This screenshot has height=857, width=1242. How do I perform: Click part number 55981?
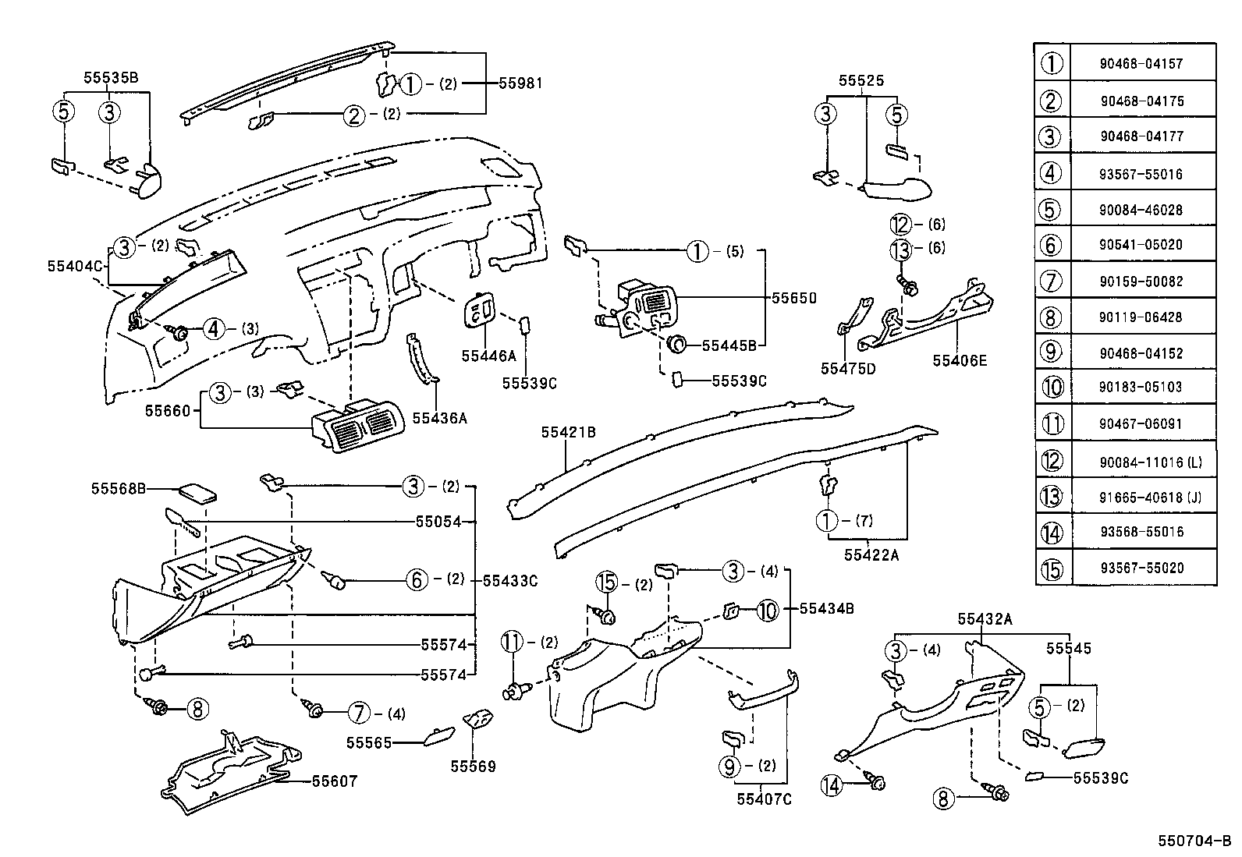521,83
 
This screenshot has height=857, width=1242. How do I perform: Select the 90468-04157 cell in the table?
1141,64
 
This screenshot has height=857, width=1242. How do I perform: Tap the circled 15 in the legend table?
1052,568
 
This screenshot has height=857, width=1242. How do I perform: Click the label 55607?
334,781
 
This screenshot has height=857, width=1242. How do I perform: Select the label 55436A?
438,418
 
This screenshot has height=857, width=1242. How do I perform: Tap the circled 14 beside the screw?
832,785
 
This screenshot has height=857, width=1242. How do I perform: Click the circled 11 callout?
511,643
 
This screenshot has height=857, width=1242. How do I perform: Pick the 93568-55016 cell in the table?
1141,532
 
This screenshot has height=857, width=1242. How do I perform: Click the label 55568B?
119,489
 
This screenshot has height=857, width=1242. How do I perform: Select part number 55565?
369,743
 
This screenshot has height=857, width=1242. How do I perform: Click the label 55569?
473,767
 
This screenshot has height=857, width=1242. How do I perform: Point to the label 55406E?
960,360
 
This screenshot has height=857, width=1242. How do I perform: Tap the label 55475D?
848,368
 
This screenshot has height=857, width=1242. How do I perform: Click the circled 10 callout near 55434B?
768,610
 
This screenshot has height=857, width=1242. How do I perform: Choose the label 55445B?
729,345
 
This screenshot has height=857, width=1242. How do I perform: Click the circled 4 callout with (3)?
214,329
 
